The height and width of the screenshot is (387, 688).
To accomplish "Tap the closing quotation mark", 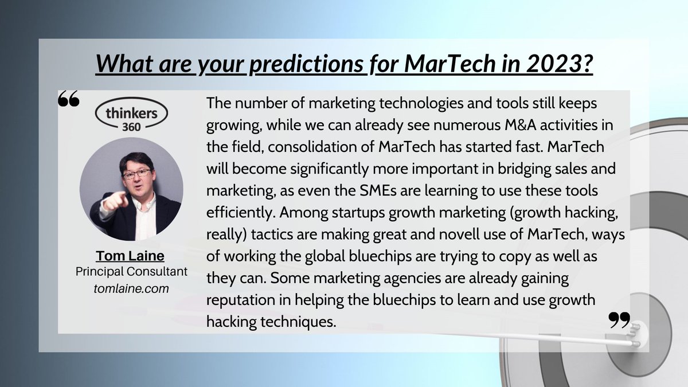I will pos(619,320).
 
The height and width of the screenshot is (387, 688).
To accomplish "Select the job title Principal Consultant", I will pos(131,272).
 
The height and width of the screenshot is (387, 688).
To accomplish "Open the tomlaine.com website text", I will pos(131,288).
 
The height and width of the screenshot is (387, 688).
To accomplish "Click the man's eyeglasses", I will pos(136,173).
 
